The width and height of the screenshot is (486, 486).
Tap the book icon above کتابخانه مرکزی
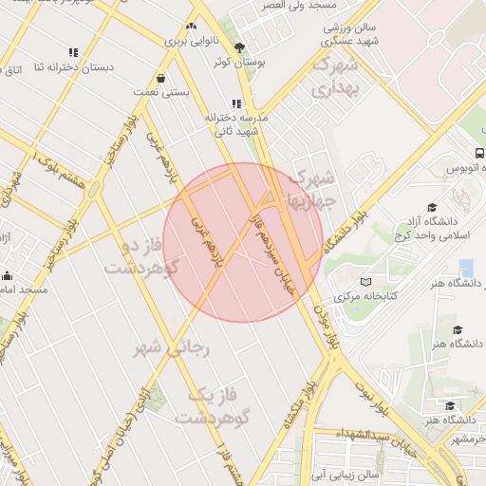point(366,282)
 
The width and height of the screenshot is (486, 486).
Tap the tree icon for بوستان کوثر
point(238,47)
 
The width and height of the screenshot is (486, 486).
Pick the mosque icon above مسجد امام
point(8,275)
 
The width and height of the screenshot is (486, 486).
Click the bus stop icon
point(479,153)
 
